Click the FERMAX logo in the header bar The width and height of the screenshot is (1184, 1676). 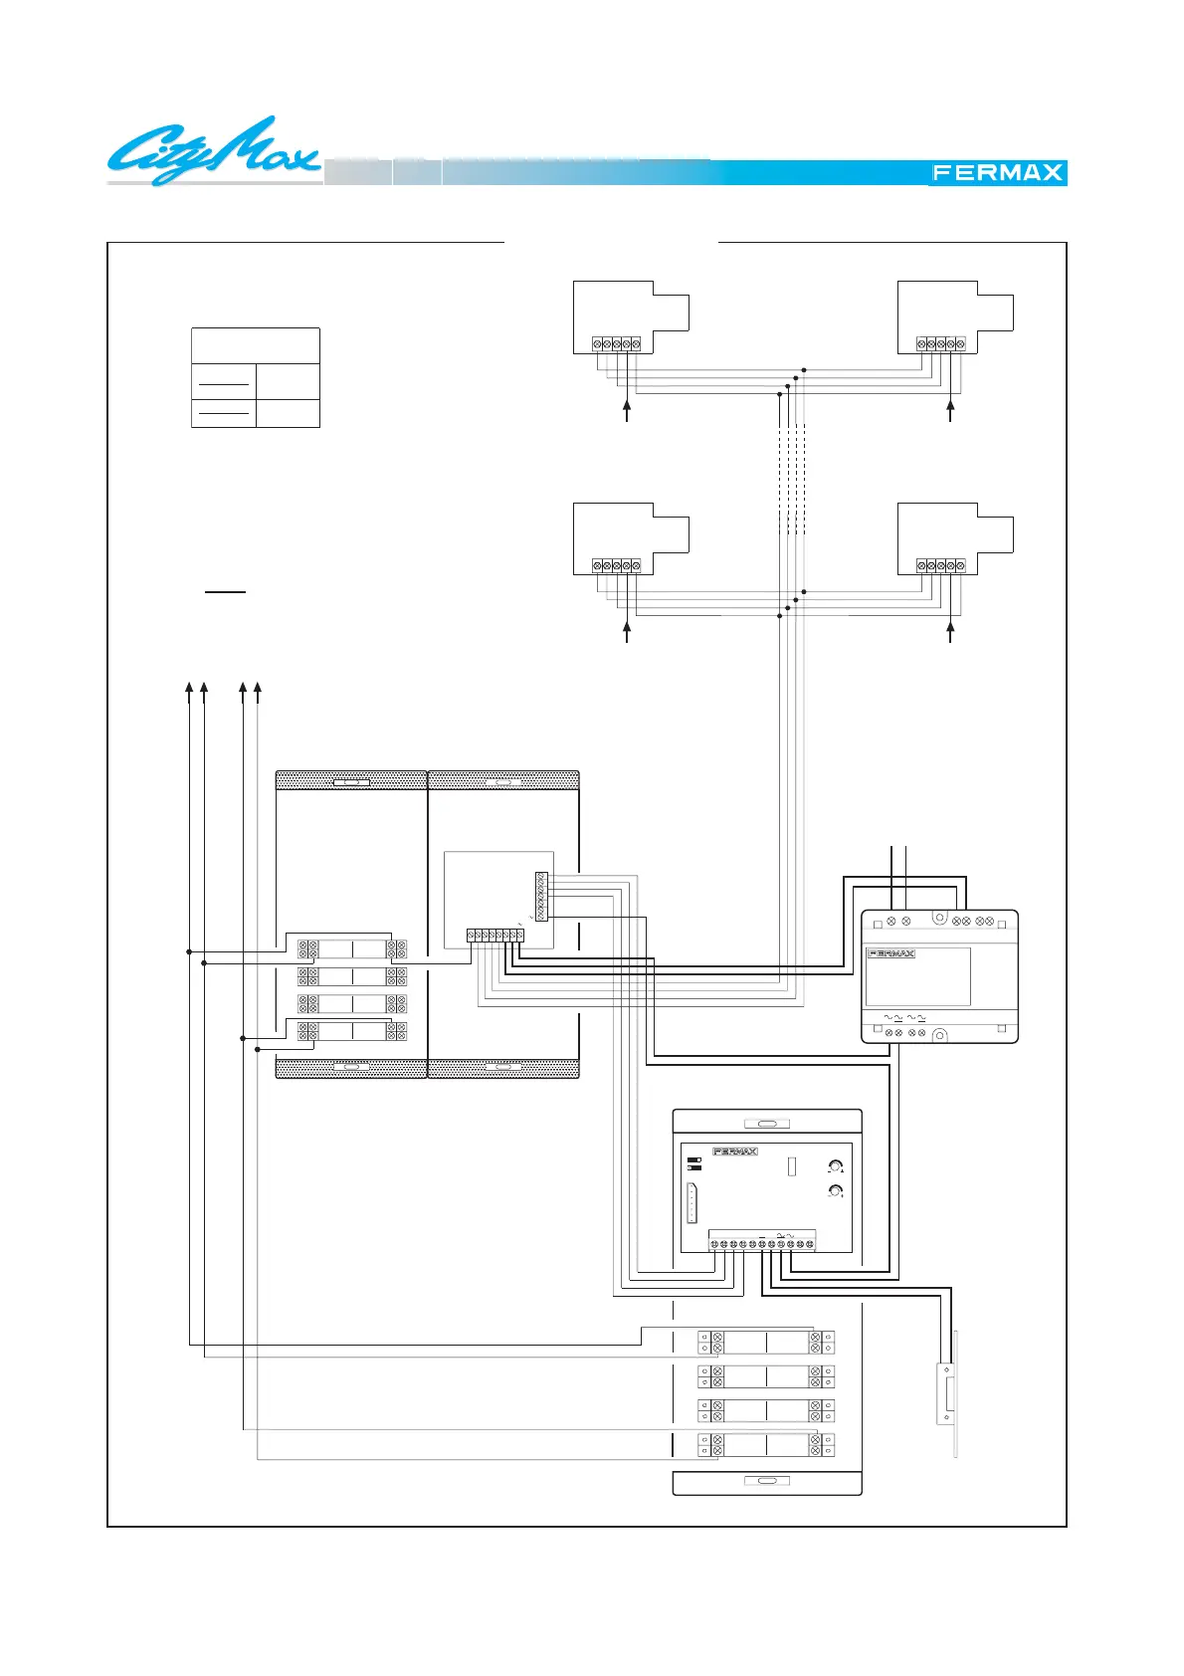click(x=997, y=172)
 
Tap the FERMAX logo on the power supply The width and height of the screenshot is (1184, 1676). click(x=891, y=953)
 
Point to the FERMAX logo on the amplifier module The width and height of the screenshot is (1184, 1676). click(x=735, y=1152)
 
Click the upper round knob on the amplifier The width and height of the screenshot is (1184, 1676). click(x=836, y=1167)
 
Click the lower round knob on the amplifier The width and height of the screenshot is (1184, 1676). click(x=836, y=1191)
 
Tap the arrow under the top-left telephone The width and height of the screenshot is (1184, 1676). click(x=627, y=409)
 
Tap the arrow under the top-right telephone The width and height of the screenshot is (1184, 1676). click(x=950, y=409)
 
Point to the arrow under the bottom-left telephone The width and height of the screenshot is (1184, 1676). click(x=627, y=631)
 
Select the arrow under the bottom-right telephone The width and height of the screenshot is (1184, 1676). click(x=950, y=631)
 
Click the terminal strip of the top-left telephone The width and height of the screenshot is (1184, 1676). click(x=617, y=344)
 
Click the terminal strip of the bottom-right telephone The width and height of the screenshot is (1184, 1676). click(x=940, y=566)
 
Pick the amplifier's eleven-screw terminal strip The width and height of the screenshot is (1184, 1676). click(x=762, y=1244)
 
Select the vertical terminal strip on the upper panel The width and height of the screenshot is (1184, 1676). click(x=541, y=897)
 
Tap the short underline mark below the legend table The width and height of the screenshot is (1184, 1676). click(x=225, y=591)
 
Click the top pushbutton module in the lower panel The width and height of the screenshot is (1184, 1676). click(x=766, y=1343)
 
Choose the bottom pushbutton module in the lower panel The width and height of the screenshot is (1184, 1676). click(x=766, y=1444)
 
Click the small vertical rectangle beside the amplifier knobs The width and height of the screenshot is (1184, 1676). click(x=792, y=1165)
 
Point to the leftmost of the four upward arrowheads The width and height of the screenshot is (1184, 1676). click(x=189, y=688)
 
